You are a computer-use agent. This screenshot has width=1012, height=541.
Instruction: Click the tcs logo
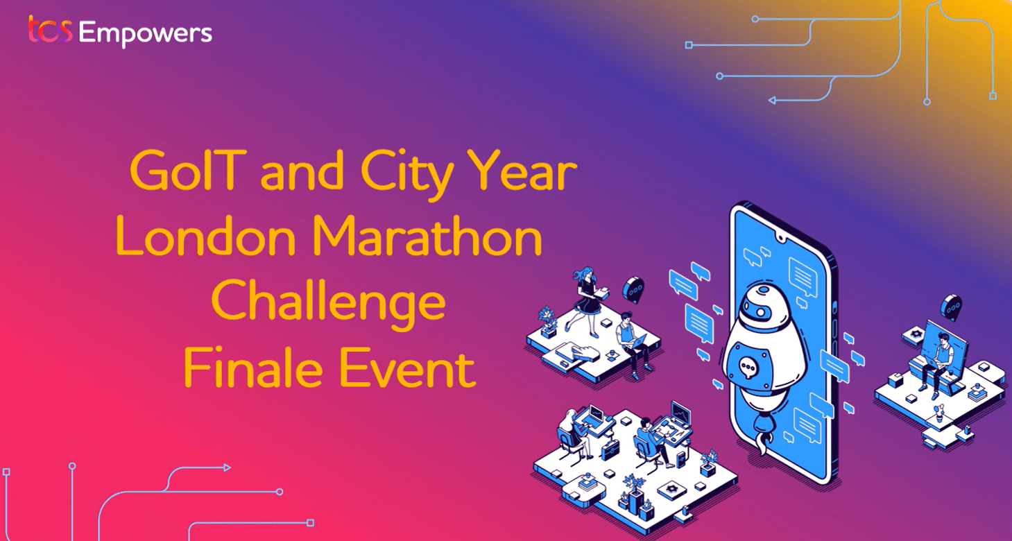point(50,31)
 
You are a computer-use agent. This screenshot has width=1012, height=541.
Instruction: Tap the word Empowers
point(145,34)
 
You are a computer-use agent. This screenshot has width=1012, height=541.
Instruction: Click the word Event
point(406,368)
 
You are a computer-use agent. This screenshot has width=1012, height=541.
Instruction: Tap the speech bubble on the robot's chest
point(748,368)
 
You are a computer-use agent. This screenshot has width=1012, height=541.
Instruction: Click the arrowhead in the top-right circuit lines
point(773,101)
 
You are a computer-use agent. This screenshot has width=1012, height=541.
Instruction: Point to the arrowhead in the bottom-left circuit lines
point(227,468)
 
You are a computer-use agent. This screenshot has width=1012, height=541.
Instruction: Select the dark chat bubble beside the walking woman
point(633,289)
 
